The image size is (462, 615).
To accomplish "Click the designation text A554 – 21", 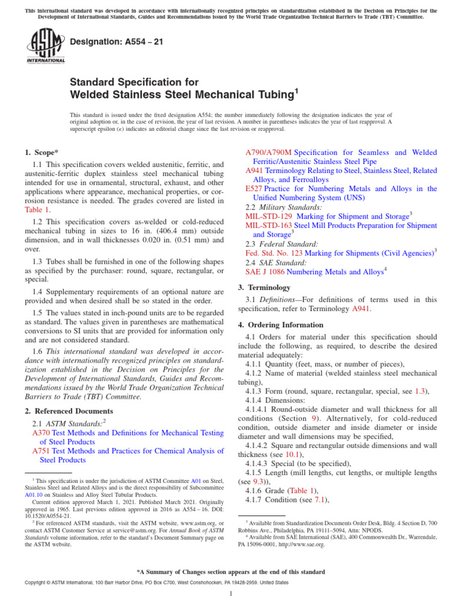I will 109,41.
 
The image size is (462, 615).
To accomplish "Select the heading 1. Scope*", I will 42,153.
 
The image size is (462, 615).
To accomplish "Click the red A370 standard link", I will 41,433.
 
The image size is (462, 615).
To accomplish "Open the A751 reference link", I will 41,451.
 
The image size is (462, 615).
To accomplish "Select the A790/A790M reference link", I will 269,153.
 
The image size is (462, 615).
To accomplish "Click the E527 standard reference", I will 253,189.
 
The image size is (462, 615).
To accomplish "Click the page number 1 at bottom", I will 231,594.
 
